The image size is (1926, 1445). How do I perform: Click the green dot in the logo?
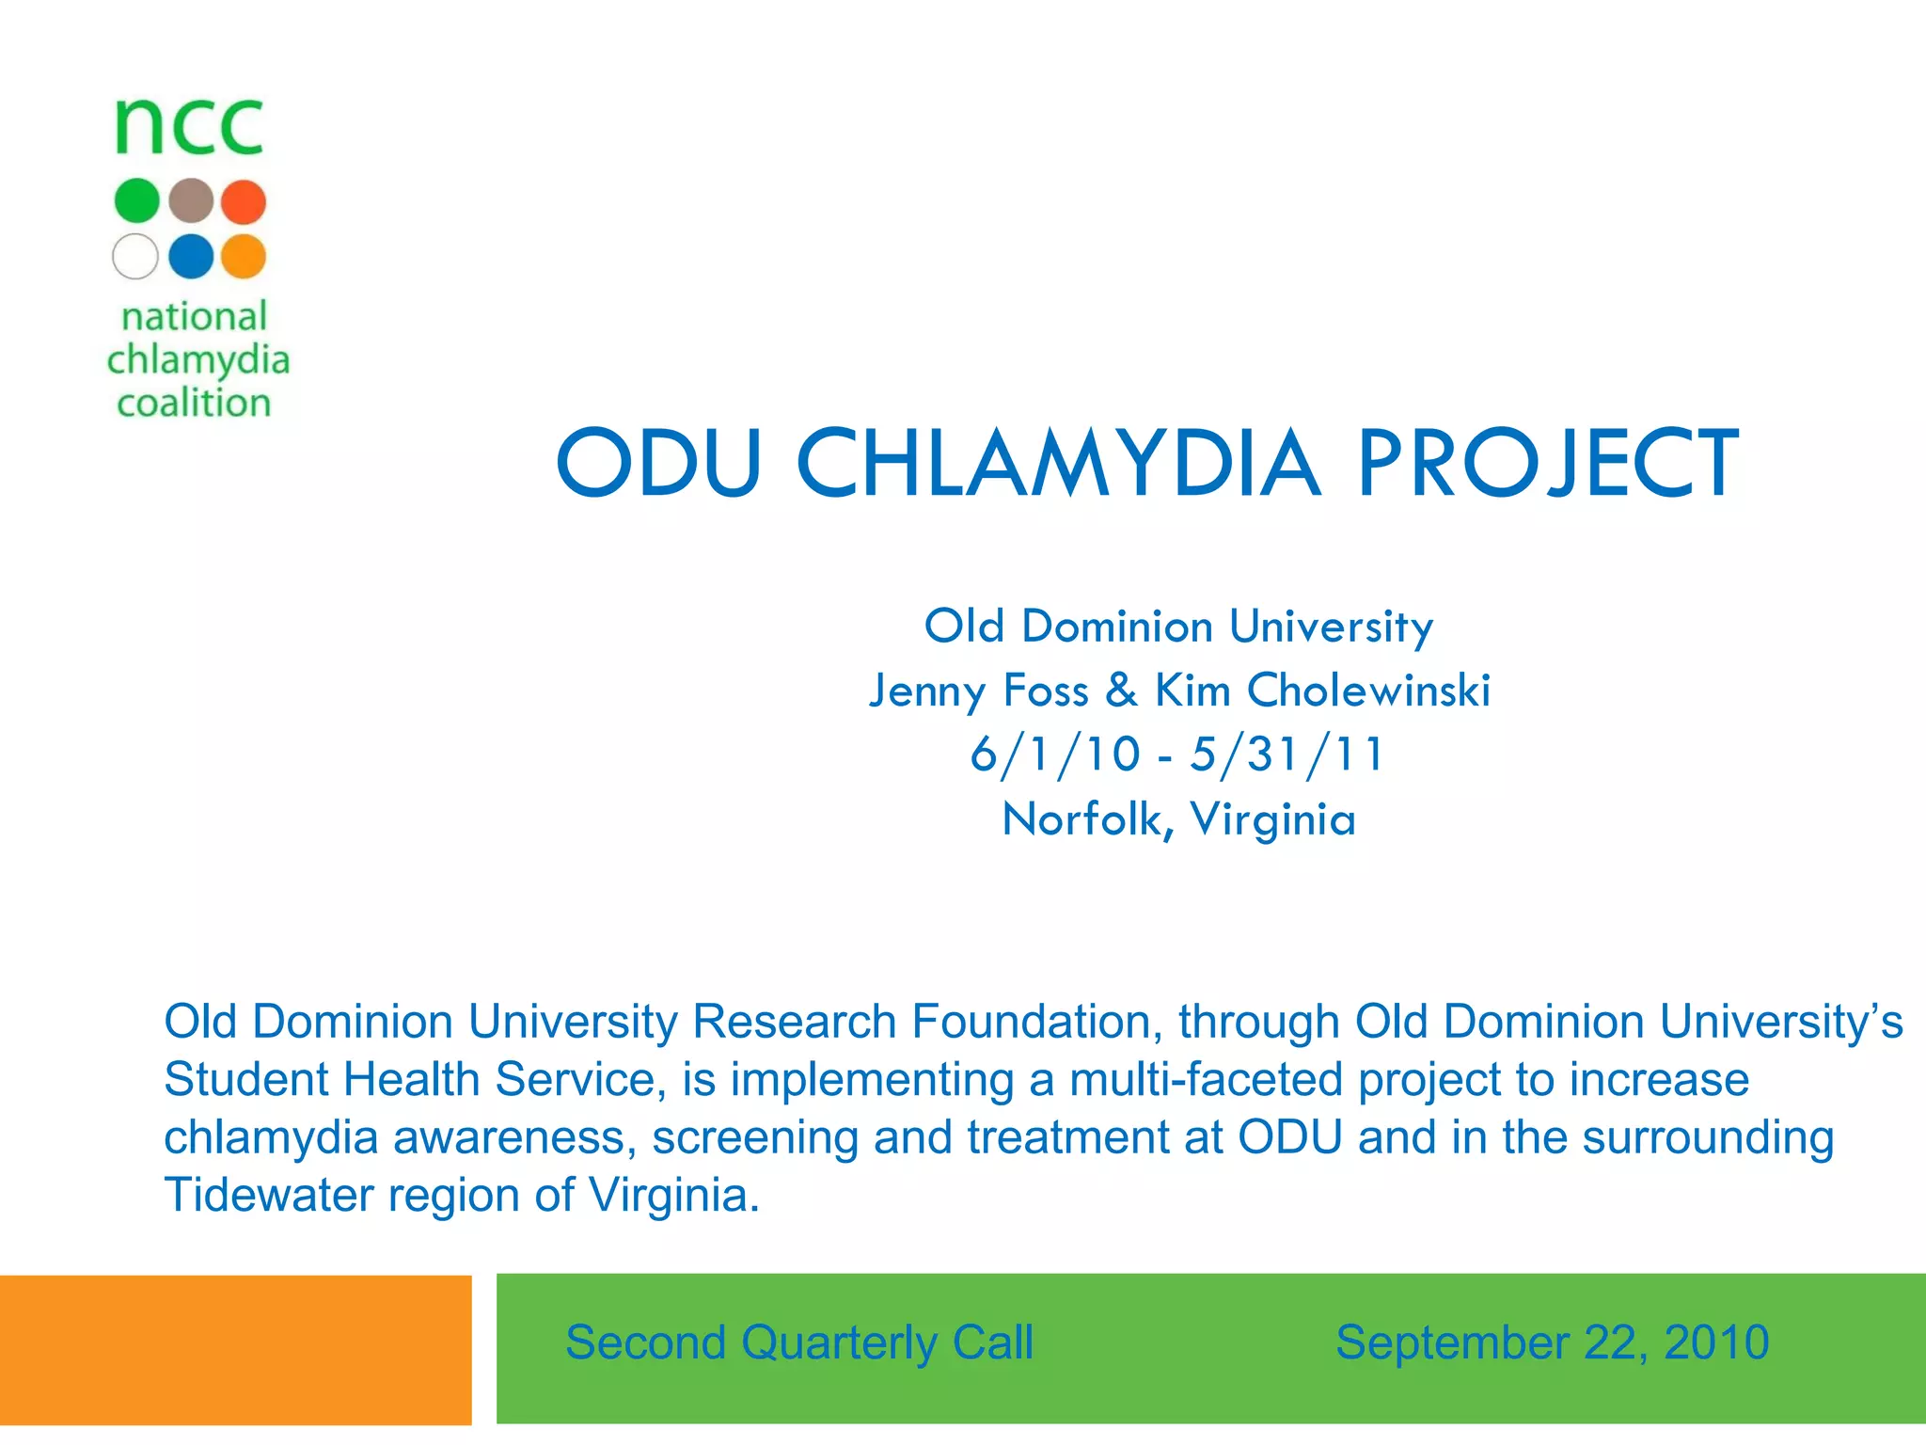(136, 201)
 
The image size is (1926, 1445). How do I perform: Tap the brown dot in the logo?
(192, 201)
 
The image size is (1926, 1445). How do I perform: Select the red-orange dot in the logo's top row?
(245, 201)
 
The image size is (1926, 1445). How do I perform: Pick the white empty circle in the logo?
(135, 256)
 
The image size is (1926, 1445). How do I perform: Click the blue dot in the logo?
(192, 256)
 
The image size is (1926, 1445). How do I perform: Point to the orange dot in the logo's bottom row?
(245, 256)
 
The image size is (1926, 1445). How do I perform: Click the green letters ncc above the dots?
(189, 128)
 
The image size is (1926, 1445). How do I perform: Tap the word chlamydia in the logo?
(197, 361)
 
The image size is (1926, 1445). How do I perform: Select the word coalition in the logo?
(194, 403)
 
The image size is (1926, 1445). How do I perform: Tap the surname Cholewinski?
(1368, 690)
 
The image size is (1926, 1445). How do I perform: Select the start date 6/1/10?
(1055, 754)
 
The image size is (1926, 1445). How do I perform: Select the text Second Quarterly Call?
(798, 1342)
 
